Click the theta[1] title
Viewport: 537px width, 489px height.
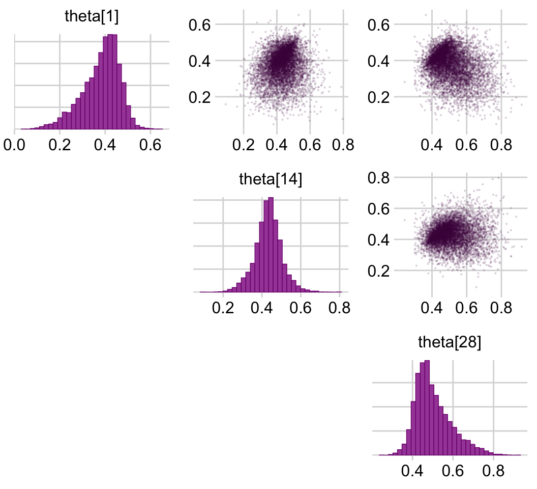point(92,16)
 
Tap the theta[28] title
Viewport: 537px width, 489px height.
point(449,342)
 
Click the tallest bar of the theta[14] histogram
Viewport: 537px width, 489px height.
point(271,245)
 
